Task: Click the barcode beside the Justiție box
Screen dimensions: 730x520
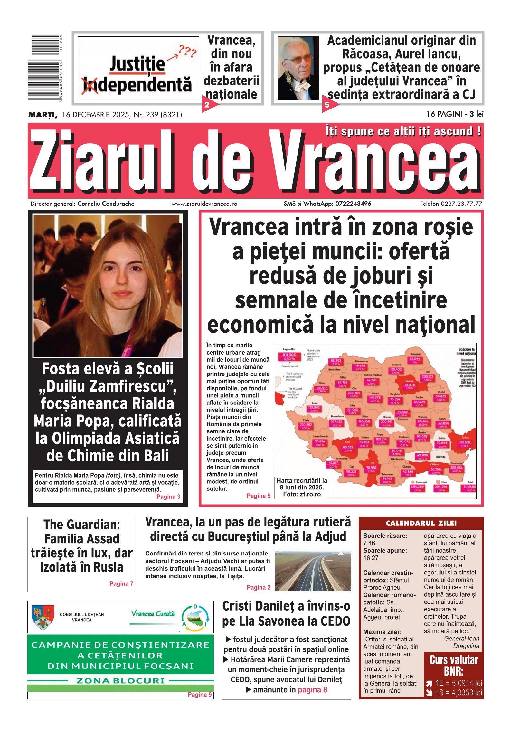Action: tap(45, 68)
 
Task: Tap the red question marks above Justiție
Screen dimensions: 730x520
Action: tap(188, 51)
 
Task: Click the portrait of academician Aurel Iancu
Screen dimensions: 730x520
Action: tap(298, 68)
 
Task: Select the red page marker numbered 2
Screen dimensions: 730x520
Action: tap(207, 104)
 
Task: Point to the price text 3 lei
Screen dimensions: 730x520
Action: tap(477, 114)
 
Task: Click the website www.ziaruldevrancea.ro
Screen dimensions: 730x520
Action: tap(204, 204)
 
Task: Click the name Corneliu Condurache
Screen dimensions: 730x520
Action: tap(106, 204)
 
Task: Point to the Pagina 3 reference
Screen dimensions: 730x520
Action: tap(168, 497)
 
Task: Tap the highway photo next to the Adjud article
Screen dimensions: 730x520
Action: tap(312, 571)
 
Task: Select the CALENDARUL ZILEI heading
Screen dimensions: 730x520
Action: tap(421, 523)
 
